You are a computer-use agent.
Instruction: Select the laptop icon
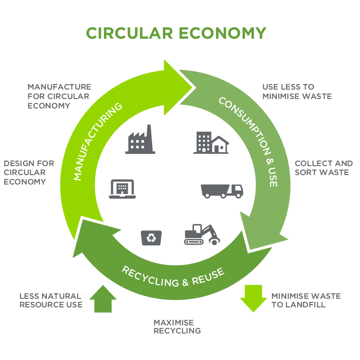pyautogui.click(x=122, y=189)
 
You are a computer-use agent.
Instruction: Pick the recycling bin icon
pyautogui.click(x=151, y=238)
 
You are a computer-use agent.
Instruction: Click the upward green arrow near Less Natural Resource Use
pyautogui.click(x=103, y=299)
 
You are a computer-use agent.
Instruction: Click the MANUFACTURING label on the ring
pyautogui.click(x=98, y=141)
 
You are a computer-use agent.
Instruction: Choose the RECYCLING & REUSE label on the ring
pyautogui.click(x=172, y=277)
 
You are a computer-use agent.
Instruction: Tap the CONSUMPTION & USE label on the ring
pyautogui.click(x=248, y=141)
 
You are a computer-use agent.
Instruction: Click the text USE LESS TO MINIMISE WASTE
pyautogui.click(x=297, y=91)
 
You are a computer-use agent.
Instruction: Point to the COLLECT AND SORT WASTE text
pyautogui.click(x=323, y=168)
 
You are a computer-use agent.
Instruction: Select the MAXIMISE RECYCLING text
pyautogui.click(x=176, y=327)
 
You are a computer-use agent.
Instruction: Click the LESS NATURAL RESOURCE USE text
pyautogui.click(x=50, y=300)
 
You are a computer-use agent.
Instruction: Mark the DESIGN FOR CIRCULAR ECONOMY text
pyautogui.click(x=29, y=172)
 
